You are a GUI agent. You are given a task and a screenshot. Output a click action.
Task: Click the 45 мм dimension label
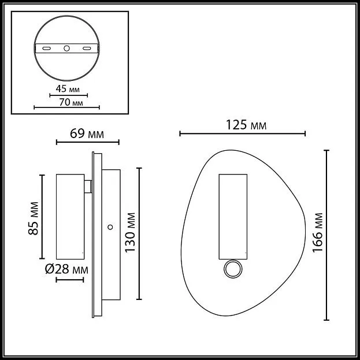pos(68,88)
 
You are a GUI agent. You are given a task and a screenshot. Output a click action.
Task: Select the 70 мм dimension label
pos(71,102)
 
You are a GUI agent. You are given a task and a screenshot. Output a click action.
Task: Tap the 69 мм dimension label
pos(87,133)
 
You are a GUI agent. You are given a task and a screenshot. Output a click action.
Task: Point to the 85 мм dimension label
pos(34,218)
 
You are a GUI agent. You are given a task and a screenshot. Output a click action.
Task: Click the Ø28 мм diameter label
pos(66,269)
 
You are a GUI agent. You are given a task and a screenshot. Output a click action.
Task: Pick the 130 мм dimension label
pos(130,232)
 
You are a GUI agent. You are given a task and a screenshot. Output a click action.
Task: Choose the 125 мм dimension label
pos(246,125)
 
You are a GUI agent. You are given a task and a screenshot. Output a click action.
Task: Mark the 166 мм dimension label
pos(318,233)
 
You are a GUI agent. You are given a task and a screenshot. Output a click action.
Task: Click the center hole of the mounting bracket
pos(67,49)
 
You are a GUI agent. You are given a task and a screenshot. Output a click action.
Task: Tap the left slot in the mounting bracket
pos(47,49)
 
